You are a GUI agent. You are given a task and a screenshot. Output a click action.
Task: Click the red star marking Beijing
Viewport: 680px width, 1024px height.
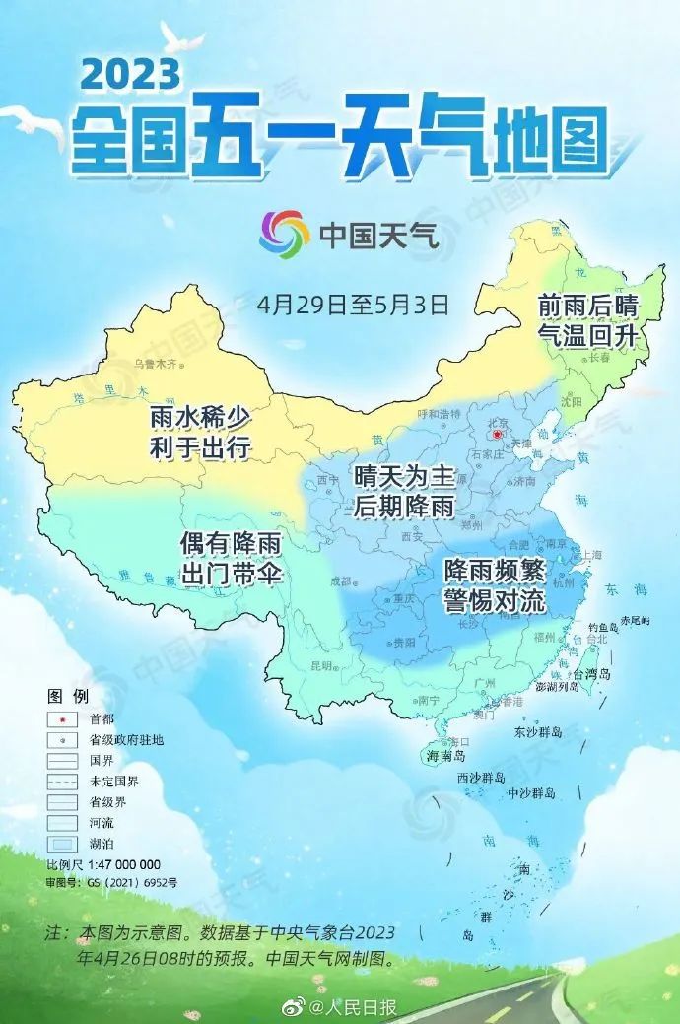(x=499, y=434)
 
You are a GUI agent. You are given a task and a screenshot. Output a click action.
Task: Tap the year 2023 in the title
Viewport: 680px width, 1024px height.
(x=131, y=74)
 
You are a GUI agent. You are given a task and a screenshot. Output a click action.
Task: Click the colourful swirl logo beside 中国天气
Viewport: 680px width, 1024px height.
(x=284, y=234)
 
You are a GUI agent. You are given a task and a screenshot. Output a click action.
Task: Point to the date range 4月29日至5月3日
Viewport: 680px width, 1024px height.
(x=353, y=303)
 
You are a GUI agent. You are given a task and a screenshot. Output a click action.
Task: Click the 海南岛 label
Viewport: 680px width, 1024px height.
(x=444, y=756)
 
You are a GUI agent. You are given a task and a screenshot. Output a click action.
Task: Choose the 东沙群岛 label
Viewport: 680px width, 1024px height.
(x=537, y=732)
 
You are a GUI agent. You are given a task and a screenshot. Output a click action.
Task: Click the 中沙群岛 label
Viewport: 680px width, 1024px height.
(x=531, y=793)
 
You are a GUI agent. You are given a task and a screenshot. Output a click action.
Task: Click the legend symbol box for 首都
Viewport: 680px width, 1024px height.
(x=62, y=718)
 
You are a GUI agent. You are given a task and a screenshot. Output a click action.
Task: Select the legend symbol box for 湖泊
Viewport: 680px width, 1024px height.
(x=62, y=844)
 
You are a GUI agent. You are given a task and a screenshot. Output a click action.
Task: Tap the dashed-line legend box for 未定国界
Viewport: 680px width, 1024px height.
(x=62, y=781)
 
